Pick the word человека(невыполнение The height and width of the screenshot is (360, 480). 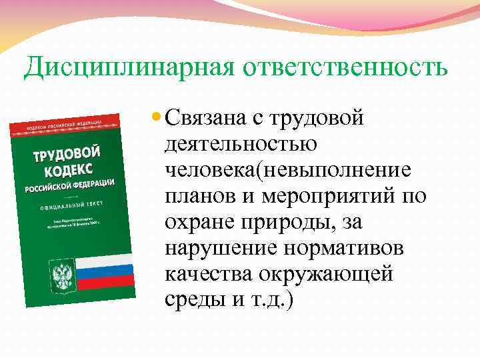click(288, 171)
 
